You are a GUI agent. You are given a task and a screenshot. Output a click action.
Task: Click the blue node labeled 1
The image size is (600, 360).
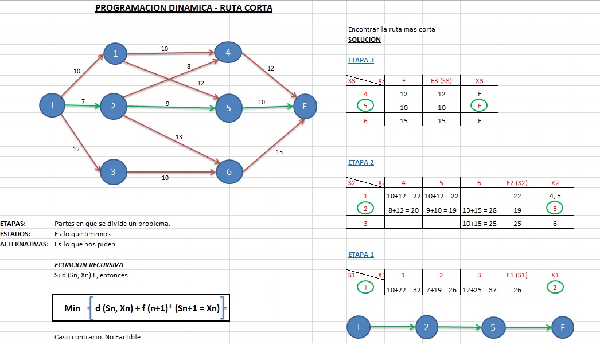pos(116,54)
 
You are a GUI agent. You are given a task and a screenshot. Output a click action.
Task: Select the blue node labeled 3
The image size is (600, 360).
pos(113,171)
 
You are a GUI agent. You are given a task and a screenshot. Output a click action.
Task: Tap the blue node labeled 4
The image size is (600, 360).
pos(228,53)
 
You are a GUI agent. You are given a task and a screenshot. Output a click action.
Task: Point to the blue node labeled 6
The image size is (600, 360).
pos(229,172)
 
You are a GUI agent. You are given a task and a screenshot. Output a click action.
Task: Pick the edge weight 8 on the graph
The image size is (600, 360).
pos(189,67)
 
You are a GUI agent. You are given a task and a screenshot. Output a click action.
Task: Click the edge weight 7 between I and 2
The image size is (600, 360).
pos(83,101)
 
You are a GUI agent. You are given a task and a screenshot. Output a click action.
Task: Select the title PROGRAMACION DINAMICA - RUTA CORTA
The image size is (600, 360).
pos(184,9)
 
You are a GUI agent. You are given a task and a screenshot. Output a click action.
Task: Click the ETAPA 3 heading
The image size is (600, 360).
pos(361,60)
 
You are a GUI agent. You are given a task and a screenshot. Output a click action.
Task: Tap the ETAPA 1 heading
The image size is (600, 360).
pos(361,255)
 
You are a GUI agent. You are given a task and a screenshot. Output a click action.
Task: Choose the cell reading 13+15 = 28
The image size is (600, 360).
pos(480,210)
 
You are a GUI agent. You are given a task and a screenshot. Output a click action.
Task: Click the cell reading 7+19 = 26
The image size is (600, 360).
pos(441,290)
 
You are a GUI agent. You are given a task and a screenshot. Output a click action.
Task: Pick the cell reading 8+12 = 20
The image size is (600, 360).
pos(403,210)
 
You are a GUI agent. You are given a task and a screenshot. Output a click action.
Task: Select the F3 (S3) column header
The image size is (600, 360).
pos(441,81)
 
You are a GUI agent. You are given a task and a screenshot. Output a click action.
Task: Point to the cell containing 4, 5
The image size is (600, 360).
pos(555,197)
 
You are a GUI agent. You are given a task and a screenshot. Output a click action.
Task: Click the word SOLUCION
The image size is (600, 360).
pos(364,40)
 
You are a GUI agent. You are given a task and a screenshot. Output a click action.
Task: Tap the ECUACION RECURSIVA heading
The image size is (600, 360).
pos(88,265)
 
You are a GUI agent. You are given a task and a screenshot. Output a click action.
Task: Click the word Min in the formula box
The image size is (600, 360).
pos(73,308)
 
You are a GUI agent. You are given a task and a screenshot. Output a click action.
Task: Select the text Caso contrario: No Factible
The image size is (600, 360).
pos(97,337)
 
